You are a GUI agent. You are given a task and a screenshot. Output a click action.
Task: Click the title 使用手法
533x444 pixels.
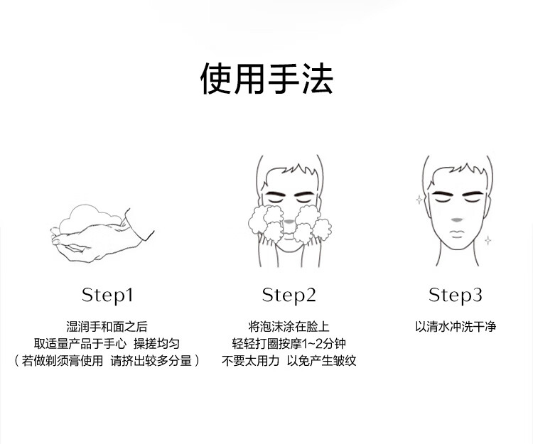(266, 79)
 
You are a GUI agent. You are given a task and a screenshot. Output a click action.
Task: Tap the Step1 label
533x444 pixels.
(107, 295)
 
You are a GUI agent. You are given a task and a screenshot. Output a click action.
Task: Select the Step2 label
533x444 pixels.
(289, 295)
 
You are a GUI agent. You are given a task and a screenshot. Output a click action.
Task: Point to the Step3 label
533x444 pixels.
(456, 295)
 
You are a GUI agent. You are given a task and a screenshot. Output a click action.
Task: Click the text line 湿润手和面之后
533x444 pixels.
(107, 327)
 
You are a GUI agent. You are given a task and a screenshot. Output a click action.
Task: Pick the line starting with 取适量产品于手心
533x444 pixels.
(107, 344)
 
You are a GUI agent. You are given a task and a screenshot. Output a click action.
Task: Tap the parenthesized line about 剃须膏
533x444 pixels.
(107, 361)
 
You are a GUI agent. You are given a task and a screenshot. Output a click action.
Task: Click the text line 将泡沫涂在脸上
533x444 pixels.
(289, 327)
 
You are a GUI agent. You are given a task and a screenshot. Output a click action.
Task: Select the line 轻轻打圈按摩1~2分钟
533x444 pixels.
(289, 344)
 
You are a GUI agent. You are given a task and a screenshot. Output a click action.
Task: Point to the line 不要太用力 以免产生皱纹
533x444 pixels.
(289, 361)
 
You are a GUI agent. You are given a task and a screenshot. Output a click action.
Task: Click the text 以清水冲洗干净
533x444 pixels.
(456, 327)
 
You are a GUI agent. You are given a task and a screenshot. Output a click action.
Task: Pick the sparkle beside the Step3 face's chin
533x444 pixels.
(488, 241)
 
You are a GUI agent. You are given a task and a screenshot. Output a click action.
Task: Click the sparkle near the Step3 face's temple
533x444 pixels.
(419, 200)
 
